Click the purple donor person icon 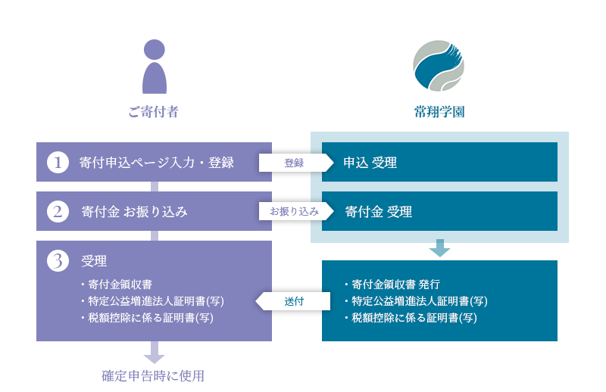[155, 67]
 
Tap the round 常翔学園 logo [439, 66]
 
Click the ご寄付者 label [154, 112]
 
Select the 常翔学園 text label [439, 112]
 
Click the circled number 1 [58, 162]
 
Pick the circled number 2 [58, 211]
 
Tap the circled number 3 [58, 260]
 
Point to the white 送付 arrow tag [293, 301]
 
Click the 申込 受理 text [370, 163]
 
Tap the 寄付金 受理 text [378, 212]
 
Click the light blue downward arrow [440, 248]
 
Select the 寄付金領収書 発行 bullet [392, 285]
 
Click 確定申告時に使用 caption [153, 376]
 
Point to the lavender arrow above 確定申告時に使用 [155, 352]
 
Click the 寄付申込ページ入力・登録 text [157, 163]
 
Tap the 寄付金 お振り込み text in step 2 [135, 212]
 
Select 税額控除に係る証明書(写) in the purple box [147, 318]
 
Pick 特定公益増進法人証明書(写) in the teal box [415, 301]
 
